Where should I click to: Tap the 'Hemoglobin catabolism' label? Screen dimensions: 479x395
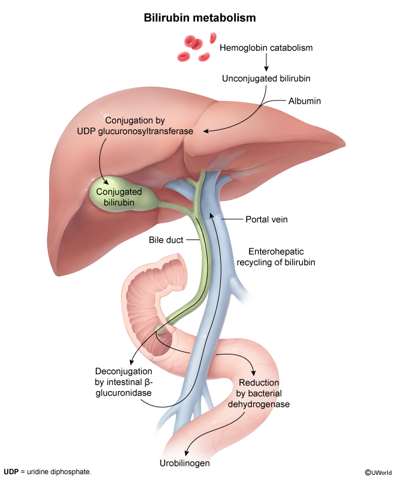[x=266, y=47]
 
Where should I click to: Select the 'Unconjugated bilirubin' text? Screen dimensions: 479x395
[x=266, y=78]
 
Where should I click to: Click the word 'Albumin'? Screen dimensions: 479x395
[x=305, y=101]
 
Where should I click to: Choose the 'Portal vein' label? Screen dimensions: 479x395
[x=266, y=220]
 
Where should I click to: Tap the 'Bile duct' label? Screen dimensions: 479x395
[x=165, y=240]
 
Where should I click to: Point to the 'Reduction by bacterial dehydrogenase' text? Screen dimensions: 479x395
[x=264, y=393]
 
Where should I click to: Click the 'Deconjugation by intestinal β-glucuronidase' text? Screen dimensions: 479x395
[x=123, y=382]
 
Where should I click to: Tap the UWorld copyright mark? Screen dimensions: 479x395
[x=378, y=472]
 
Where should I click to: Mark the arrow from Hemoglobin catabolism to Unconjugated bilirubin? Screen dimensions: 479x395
[x=267, y=62]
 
